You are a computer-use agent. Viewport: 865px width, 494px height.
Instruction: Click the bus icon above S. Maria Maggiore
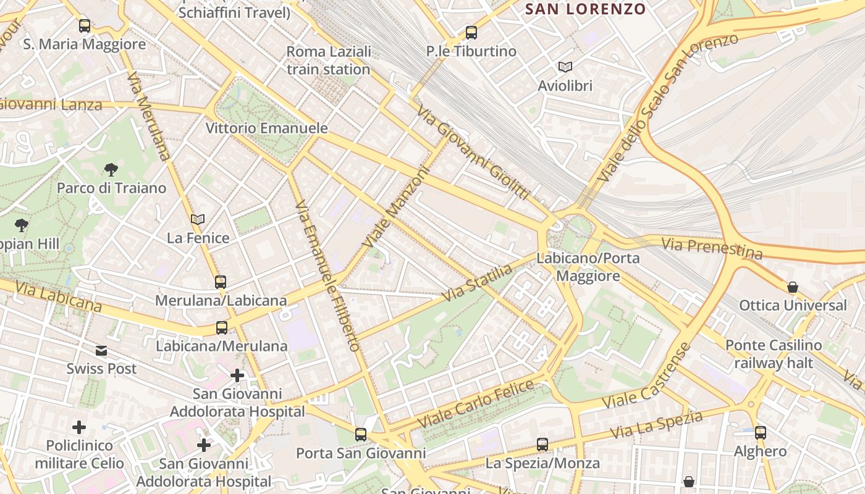click(x=85, y=26)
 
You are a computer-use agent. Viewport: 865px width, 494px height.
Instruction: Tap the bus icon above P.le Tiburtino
click(x=471, y=33)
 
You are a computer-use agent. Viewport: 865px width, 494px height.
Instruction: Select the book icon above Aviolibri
click(x=565, y=67)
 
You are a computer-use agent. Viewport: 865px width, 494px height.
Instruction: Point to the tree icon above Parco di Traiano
click(x=111, y=169)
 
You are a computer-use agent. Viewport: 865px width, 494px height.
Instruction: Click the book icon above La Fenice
click(x=198, y=219)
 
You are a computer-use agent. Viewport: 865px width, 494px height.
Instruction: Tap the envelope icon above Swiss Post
click(x=101, y=351)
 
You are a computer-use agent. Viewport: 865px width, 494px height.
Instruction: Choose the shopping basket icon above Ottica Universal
click(x=793, y=287)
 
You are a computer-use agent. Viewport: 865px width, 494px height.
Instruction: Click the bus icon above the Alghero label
click(x=761, y=433)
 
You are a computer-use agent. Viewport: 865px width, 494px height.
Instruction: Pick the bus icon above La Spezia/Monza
click(x=542, y=444)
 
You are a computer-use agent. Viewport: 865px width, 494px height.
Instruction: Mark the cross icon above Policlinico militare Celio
click(x=79, y=427)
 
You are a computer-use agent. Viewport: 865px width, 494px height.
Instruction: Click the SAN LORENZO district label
click(x=585, y=9)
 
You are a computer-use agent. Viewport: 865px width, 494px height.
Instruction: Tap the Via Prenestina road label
click(x=712, y=248)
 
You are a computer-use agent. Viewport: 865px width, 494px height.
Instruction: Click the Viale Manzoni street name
click(x=396, y=208)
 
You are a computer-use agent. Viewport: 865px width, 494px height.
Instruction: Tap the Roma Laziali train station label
click(x=329, y=61)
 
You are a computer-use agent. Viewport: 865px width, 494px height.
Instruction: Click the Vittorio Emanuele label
click(x=266, y=128)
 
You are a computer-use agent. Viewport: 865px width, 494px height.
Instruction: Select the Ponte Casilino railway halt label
click(x=774, y=354)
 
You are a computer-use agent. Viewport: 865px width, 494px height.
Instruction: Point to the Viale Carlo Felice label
click(x=476, y=405)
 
